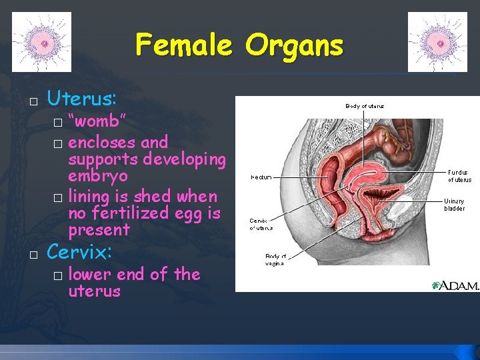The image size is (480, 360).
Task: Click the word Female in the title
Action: (x=184, y=45)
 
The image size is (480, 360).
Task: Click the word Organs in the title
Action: (x=294, y=45)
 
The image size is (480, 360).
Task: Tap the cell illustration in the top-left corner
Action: (x=41, y=42)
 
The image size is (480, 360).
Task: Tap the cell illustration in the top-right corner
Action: (x=437, y=42)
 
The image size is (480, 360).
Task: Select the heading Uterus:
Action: (x=82, y=99)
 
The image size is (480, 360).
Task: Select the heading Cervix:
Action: (x=79, y=252)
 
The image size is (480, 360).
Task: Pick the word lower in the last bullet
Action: (x=90, y=274)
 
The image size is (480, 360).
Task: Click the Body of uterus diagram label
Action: (x=364, y=106)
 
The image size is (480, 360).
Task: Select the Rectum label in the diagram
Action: (x=261, y=177)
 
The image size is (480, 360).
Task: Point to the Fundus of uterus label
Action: (x=459, y=175)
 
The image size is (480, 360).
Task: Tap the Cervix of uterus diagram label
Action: (x=261, y=224)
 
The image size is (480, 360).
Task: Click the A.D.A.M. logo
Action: (x=455, y=285)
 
